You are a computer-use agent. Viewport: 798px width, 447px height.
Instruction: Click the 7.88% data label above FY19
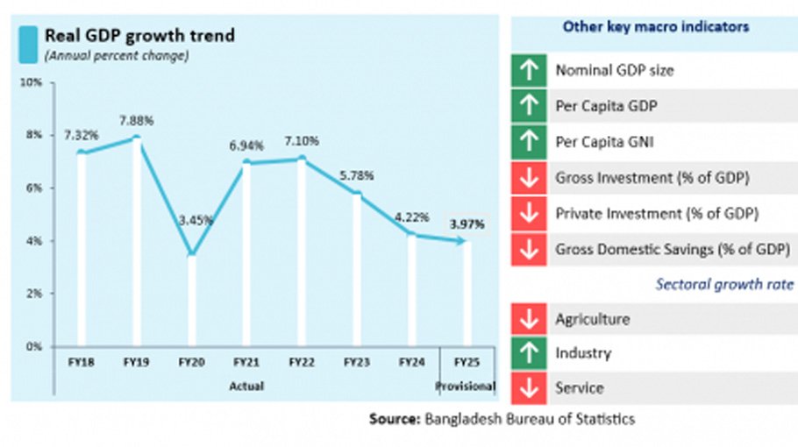136,120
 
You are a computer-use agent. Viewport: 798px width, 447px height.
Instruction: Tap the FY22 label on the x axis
301,361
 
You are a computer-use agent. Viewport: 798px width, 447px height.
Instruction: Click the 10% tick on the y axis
32,82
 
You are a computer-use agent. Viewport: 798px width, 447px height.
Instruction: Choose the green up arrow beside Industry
528,353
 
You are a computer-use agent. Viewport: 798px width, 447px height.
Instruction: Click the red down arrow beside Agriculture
528,319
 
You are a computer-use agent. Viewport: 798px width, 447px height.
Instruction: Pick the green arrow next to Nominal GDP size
528,71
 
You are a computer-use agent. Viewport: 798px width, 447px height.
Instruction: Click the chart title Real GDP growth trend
139,36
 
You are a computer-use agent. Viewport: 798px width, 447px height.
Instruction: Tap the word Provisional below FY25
466,386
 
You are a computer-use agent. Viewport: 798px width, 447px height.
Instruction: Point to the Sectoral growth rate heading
725,284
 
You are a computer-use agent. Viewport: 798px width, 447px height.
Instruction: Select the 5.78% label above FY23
356,176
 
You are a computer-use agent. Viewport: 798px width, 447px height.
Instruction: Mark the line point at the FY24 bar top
411,234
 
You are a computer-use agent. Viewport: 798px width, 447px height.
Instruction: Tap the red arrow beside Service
528,388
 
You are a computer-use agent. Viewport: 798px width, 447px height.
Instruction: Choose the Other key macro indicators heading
655,27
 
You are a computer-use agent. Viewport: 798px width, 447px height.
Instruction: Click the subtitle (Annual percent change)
118,56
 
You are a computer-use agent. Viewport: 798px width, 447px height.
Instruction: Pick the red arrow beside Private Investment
528,213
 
